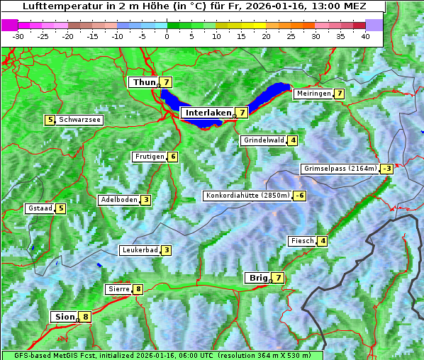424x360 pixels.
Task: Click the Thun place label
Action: coord(143,83)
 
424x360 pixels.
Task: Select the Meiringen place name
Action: coord(313,94)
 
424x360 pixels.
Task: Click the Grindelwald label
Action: coord(264,140)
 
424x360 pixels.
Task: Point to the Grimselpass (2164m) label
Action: coord(339,169)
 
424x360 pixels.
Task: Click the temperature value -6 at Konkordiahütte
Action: coord(301,196)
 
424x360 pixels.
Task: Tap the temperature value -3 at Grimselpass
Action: coord(386,169)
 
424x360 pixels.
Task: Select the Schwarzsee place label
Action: coord(80,120)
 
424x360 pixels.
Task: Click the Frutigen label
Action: coord(149,157)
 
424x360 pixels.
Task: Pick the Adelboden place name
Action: coord(118,200)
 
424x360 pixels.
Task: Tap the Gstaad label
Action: coord(40,208)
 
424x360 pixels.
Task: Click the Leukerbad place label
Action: coord(139,250)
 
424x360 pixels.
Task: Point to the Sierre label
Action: coord(118,289)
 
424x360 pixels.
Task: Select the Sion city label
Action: coord(64,317)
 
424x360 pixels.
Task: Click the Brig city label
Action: coord(257,278)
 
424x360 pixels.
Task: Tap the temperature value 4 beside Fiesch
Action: coord(323,241)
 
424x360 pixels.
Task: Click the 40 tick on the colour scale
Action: coord(365,36)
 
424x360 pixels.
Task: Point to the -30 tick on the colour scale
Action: coord(18,36)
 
